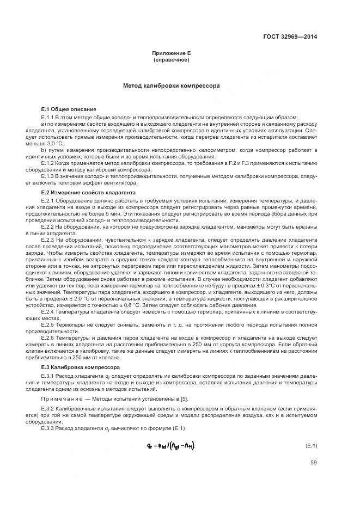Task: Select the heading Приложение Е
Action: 172,53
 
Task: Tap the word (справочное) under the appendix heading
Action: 172,59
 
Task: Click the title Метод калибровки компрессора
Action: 172,85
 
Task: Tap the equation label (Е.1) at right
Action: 310,445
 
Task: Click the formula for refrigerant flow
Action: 166,445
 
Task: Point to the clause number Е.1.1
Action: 49,117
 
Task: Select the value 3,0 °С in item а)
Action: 54,143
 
